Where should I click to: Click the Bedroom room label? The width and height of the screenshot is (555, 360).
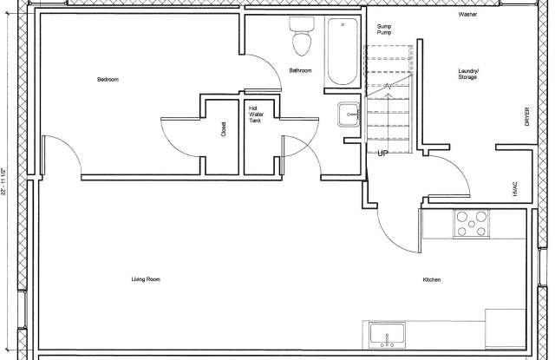pos(108,80)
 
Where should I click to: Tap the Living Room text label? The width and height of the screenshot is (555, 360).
pos(146,279)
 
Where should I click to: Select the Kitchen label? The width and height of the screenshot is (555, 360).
pos(433,279)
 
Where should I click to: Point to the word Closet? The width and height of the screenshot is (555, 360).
pos(224,130)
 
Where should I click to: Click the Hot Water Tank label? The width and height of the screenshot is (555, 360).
pos(255,115)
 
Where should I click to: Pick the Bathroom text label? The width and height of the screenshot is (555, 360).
pos(301,70)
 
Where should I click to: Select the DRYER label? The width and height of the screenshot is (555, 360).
pos(526,116)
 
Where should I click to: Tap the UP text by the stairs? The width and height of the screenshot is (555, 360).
pos(382,154)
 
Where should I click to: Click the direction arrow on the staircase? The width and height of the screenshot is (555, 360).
pos(389,87)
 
